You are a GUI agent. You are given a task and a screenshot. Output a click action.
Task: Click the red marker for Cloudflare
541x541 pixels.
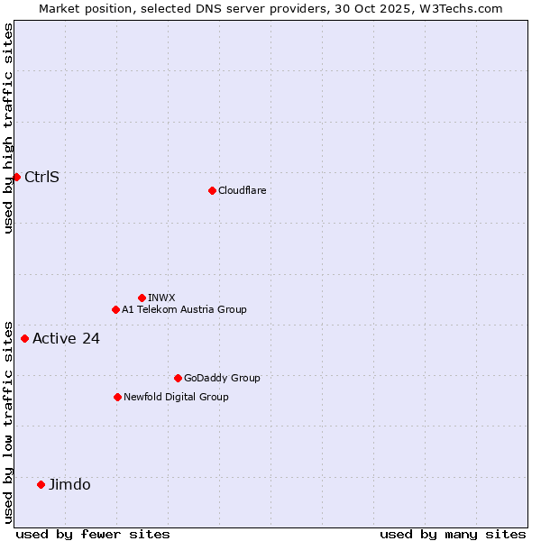212,190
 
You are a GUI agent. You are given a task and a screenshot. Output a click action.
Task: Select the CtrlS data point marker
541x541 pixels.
16,177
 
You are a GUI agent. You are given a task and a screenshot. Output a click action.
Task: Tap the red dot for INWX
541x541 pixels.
142,298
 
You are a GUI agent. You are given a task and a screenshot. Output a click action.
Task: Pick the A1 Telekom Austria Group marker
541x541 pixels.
115,309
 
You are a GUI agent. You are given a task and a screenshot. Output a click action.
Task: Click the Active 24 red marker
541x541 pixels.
24,339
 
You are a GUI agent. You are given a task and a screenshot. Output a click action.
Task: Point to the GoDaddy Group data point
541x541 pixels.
178,378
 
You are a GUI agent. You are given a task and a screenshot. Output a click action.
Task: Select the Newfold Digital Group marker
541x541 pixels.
117,397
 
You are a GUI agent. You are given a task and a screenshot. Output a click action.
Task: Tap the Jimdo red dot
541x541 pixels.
41,484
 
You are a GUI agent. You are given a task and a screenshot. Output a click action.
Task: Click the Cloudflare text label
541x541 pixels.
242,190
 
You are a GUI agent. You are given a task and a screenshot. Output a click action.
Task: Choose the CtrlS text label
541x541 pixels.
41,177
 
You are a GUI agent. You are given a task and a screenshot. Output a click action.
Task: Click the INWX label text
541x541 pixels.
161,298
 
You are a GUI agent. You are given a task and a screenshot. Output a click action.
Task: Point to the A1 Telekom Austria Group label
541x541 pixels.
184,309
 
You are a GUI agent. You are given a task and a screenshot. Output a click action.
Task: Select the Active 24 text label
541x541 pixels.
66,339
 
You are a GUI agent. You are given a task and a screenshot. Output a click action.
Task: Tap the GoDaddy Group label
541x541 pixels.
222,378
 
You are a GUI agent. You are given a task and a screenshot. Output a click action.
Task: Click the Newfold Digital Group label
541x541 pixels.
176,397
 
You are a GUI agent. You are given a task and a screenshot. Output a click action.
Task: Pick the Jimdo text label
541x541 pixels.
69,484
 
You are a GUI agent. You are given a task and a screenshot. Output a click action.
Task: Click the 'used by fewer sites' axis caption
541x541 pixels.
93,534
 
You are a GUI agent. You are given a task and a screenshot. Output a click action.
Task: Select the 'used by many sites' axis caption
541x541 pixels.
453,534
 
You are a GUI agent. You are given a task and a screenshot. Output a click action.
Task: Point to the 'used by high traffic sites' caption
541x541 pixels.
8,128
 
